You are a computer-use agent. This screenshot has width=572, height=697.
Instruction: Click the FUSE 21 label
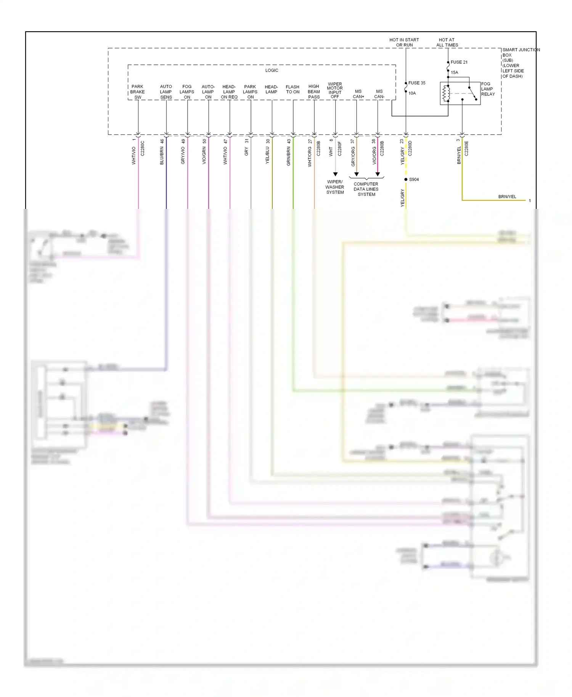click(459, 62)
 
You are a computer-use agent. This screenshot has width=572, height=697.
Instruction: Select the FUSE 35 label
click(416, 83)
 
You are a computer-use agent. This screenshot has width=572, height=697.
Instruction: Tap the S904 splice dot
click(406, 179)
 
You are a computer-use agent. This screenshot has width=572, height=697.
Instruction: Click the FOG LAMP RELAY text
click(488, 89)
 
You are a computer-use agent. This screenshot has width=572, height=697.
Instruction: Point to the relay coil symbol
click(445, 94)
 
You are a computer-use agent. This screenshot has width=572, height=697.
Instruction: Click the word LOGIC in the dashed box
click(272, 70)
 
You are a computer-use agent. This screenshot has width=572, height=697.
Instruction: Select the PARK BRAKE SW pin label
click(137, 92)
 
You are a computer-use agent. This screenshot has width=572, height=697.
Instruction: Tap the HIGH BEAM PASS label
click(314, 92)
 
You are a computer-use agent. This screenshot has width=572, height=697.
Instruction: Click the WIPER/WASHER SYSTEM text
click(335, 187)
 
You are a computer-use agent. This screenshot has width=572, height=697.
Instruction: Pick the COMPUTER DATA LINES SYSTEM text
click(366, 189)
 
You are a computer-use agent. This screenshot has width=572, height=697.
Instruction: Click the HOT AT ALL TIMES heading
click(447, 42)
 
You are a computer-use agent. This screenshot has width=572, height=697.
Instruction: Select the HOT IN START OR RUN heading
click(404, 42)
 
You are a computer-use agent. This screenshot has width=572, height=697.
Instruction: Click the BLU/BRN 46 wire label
click(162, 152)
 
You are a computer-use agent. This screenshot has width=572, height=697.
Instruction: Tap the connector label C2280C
click(143, 148)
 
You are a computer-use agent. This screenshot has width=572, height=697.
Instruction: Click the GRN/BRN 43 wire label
click(289, 152)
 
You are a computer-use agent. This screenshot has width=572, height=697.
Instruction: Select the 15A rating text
click(454, 72)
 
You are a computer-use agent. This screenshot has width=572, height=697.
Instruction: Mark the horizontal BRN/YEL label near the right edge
click(507, 197)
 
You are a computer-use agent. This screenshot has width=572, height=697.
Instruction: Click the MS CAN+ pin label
click(358, 94)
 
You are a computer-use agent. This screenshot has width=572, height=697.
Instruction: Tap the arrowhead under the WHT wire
click(335, 174)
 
